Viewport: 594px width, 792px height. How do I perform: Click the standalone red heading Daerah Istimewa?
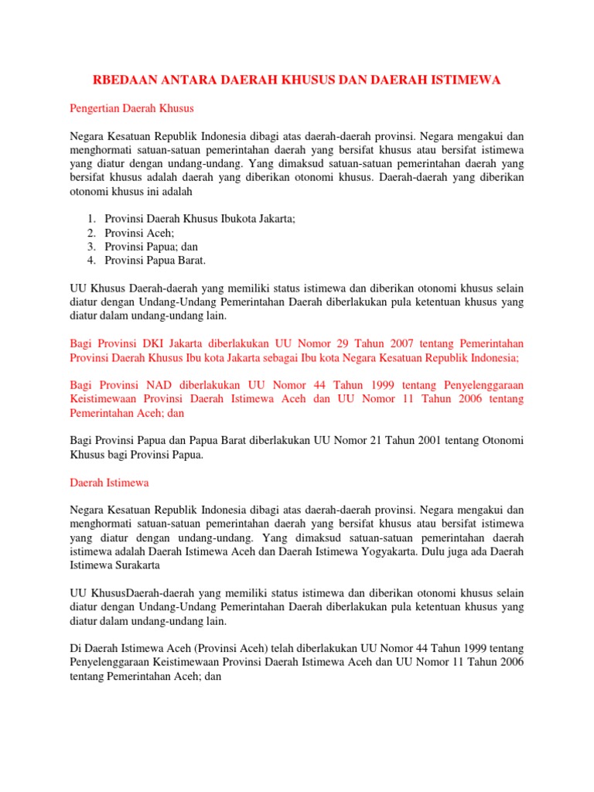click(x=109, y=482)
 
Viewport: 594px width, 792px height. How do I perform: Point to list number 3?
click(x=90, y=247)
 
